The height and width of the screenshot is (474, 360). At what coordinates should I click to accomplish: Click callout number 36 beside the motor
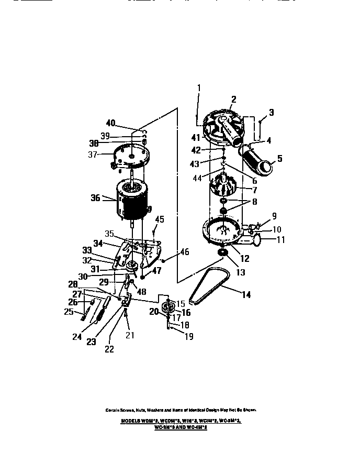click(95, 197)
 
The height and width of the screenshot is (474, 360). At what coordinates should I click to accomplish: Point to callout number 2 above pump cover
click(233, 99)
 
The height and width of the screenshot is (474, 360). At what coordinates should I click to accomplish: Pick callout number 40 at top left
click(110, 123)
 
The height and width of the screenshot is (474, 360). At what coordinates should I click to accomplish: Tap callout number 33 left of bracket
click(87, 250)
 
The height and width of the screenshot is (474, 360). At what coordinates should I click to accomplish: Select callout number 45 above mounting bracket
click(160, 219)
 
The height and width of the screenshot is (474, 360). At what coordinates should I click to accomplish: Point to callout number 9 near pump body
click(273, 215)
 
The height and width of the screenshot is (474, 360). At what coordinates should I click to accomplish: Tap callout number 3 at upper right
click(271, 112)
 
